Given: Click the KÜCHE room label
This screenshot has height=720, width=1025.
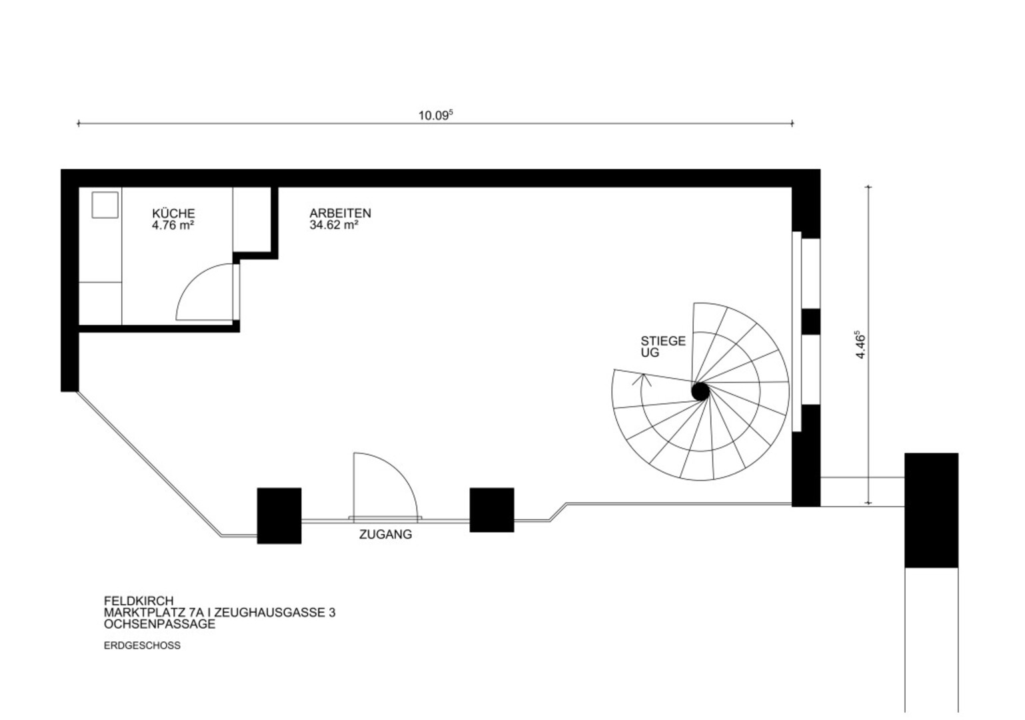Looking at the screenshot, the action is (x=173, y=213).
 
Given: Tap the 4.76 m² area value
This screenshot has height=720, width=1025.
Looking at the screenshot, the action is (x=173, y=225).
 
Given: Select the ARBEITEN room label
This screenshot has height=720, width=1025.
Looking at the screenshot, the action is (x=340, y=213).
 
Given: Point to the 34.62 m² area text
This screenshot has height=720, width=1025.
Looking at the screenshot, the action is (x=334, y=225).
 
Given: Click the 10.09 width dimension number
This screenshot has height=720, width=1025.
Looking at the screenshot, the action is (x=435, y=115).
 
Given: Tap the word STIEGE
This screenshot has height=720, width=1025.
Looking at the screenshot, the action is (x=663, y=341).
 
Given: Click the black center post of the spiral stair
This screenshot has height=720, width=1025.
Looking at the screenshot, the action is (x=700, y=392).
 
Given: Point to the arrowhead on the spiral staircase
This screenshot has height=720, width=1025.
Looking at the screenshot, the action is (x=642, y=379).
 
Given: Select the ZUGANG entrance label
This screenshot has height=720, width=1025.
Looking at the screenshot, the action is (x=385, y=534).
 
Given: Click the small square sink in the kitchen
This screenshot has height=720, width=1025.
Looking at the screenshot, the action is (x=105, y=205).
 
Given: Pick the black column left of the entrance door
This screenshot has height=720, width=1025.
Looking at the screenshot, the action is (x=279, y=516).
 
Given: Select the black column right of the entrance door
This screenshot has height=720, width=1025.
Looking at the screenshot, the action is (x=492, y=510).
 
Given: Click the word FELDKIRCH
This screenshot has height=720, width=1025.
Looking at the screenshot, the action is (x=139, y=601).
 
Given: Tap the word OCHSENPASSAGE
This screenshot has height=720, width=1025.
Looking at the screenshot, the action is (x=160, y=624).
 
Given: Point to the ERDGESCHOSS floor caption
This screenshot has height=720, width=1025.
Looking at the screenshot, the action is (x=143, y=645).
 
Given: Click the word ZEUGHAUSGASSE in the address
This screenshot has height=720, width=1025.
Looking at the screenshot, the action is (x=269, y=613).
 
